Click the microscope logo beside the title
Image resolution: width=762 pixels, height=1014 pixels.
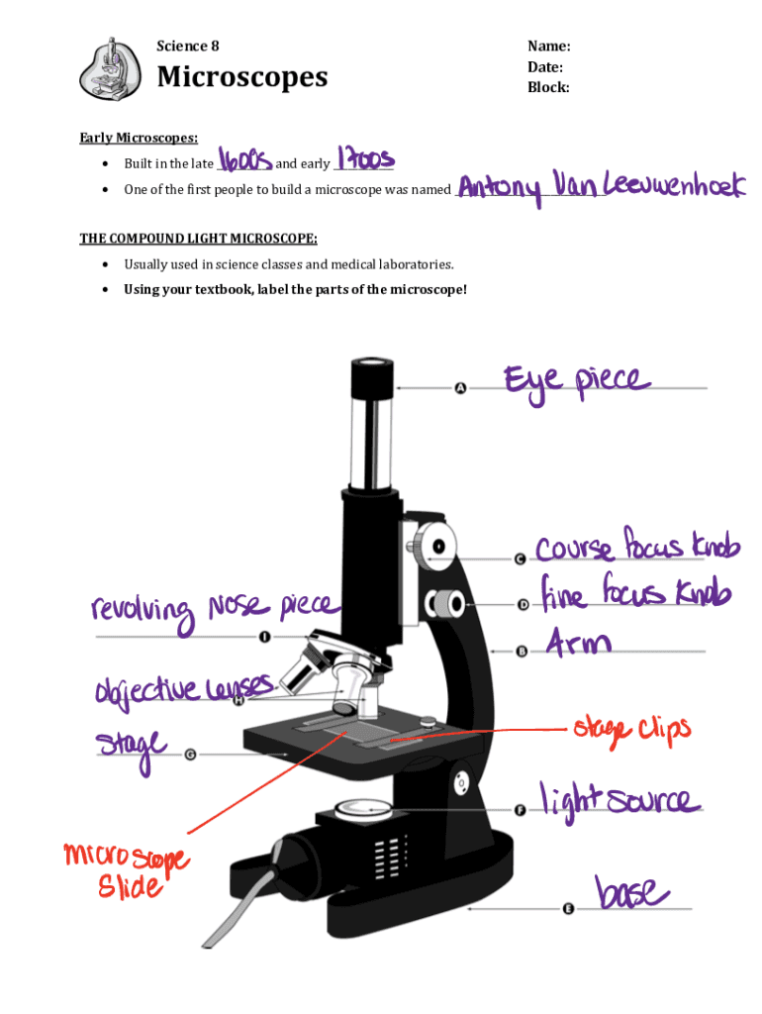click(110, 68)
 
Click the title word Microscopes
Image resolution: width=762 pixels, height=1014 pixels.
click(242, 77)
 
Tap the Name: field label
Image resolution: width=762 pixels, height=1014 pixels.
click(548, 46)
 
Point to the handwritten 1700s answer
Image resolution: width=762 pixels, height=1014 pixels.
click(365, 157)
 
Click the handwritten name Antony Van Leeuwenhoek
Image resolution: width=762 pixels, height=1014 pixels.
click(601, 187)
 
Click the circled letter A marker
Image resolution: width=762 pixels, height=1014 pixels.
click(460, 388)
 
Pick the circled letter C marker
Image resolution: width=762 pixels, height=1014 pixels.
click(520, 558)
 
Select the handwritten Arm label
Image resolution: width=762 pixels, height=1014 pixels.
click(578, 642)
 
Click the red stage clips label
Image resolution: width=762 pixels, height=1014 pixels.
click(632, 731)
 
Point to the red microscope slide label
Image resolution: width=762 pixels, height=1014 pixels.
click(127, 869)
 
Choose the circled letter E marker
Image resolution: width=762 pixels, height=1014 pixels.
click(567, 909)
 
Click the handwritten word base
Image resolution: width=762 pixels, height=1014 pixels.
click(631, 892)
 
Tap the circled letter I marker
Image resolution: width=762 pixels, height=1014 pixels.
click(263, 637)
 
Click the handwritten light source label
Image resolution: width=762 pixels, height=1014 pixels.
click(620, 800)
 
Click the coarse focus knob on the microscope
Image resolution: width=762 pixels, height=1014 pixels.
click(435, 547)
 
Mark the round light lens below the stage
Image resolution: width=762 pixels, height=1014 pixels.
click(363, 809)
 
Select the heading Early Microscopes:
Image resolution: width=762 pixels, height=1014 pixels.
click(139, 138)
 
